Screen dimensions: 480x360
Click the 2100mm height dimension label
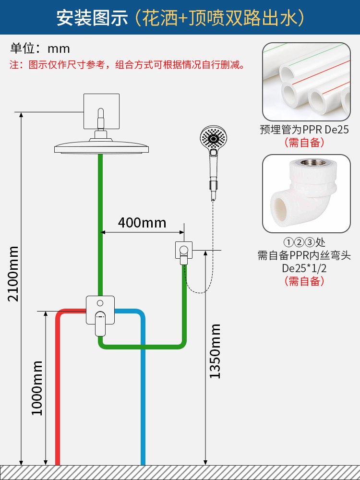coord(13,274)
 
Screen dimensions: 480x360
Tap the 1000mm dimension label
coord(37,388)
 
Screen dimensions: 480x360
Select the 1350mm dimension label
coord(215,351)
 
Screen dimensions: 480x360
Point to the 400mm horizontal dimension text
coord(142,223)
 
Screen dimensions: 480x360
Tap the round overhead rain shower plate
coord(101,146)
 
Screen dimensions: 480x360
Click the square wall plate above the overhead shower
coord(101,111)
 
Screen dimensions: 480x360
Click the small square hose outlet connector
coord(183,251)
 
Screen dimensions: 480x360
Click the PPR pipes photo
coord(306,82)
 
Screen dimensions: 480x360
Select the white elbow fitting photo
coord(306,193)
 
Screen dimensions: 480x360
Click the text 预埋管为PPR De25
coord(304,130)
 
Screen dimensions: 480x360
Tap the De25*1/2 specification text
coord(304,268)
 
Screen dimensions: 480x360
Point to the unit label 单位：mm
coord(40,48)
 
